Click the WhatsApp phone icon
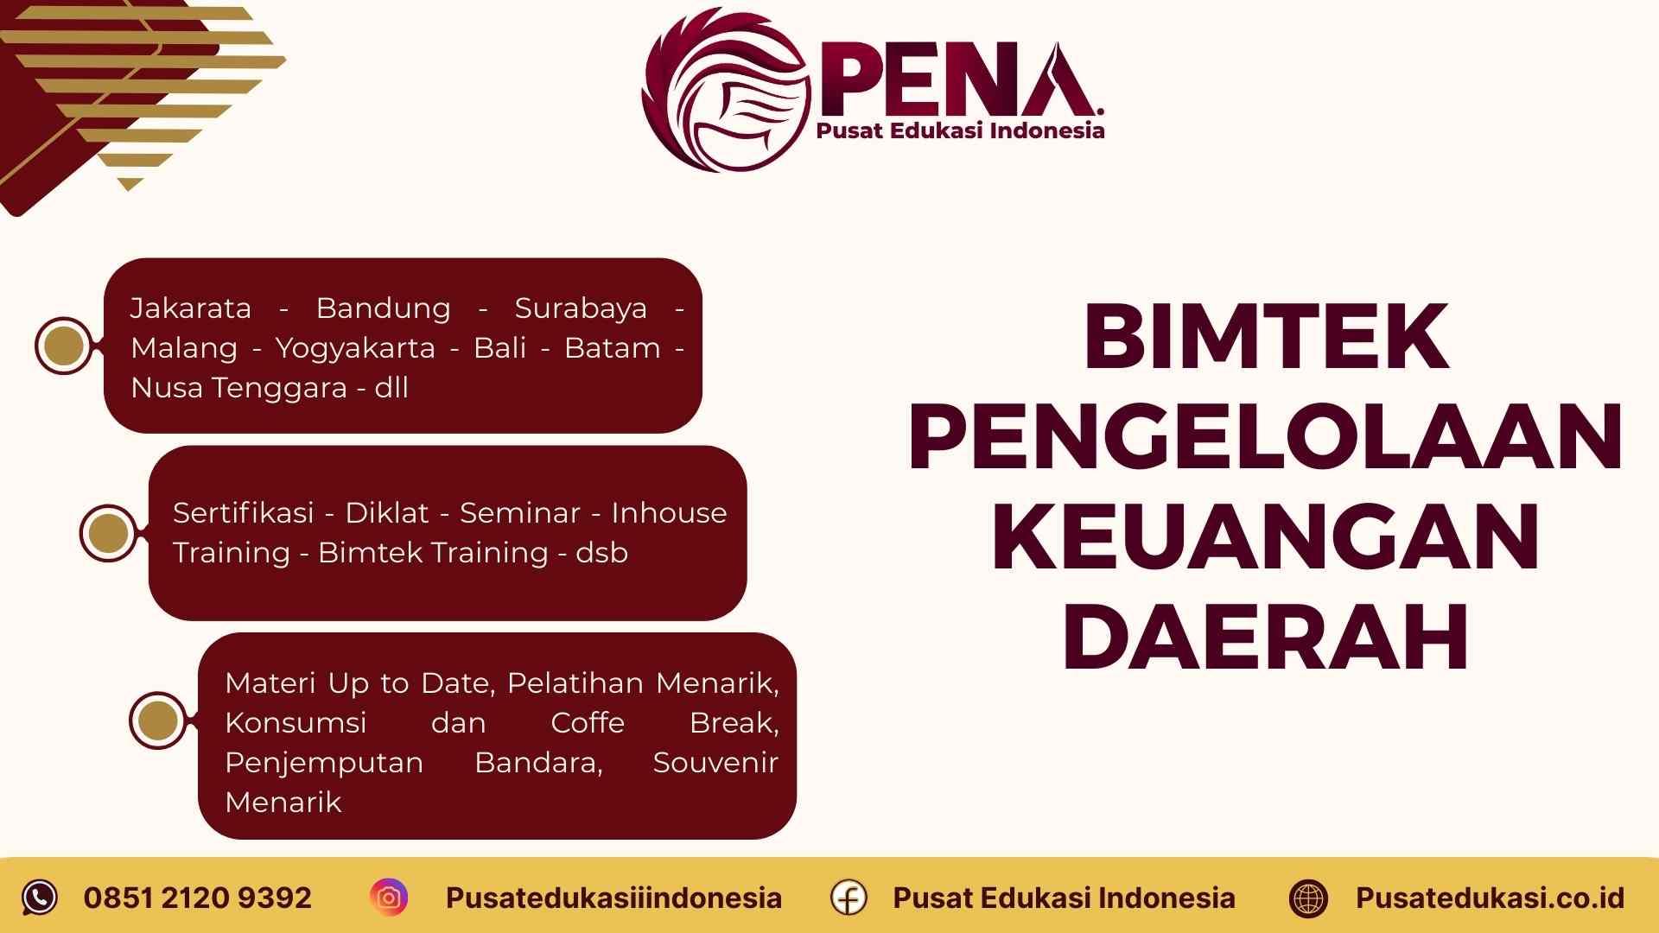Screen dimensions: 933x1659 point(40,898)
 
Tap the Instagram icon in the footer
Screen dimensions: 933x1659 point(389,898)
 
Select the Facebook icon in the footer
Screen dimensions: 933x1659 point(849,898)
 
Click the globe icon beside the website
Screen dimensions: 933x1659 point(1308,898)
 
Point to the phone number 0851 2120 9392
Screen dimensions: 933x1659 point(197,898)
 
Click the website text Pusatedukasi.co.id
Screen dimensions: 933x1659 point(1490,898)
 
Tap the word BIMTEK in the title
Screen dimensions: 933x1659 point(1266,336)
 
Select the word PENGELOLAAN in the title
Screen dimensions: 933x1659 point(1266,437)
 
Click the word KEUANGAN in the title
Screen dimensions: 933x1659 point(1266,537)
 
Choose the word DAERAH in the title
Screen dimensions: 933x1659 point(1266,638)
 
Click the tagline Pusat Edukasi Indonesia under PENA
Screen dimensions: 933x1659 point(960,131)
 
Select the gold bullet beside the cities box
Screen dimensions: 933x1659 point(64,346)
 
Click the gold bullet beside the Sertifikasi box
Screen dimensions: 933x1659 point(109,533)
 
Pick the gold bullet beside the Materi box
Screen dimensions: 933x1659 point(158,720)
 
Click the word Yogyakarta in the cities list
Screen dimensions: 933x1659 point(355,348)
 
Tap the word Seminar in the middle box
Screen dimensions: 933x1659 point(519,513)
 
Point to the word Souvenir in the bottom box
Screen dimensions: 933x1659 point(715,763)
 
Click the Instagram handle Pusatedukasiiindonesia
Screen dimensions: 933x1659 point(613,898)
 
